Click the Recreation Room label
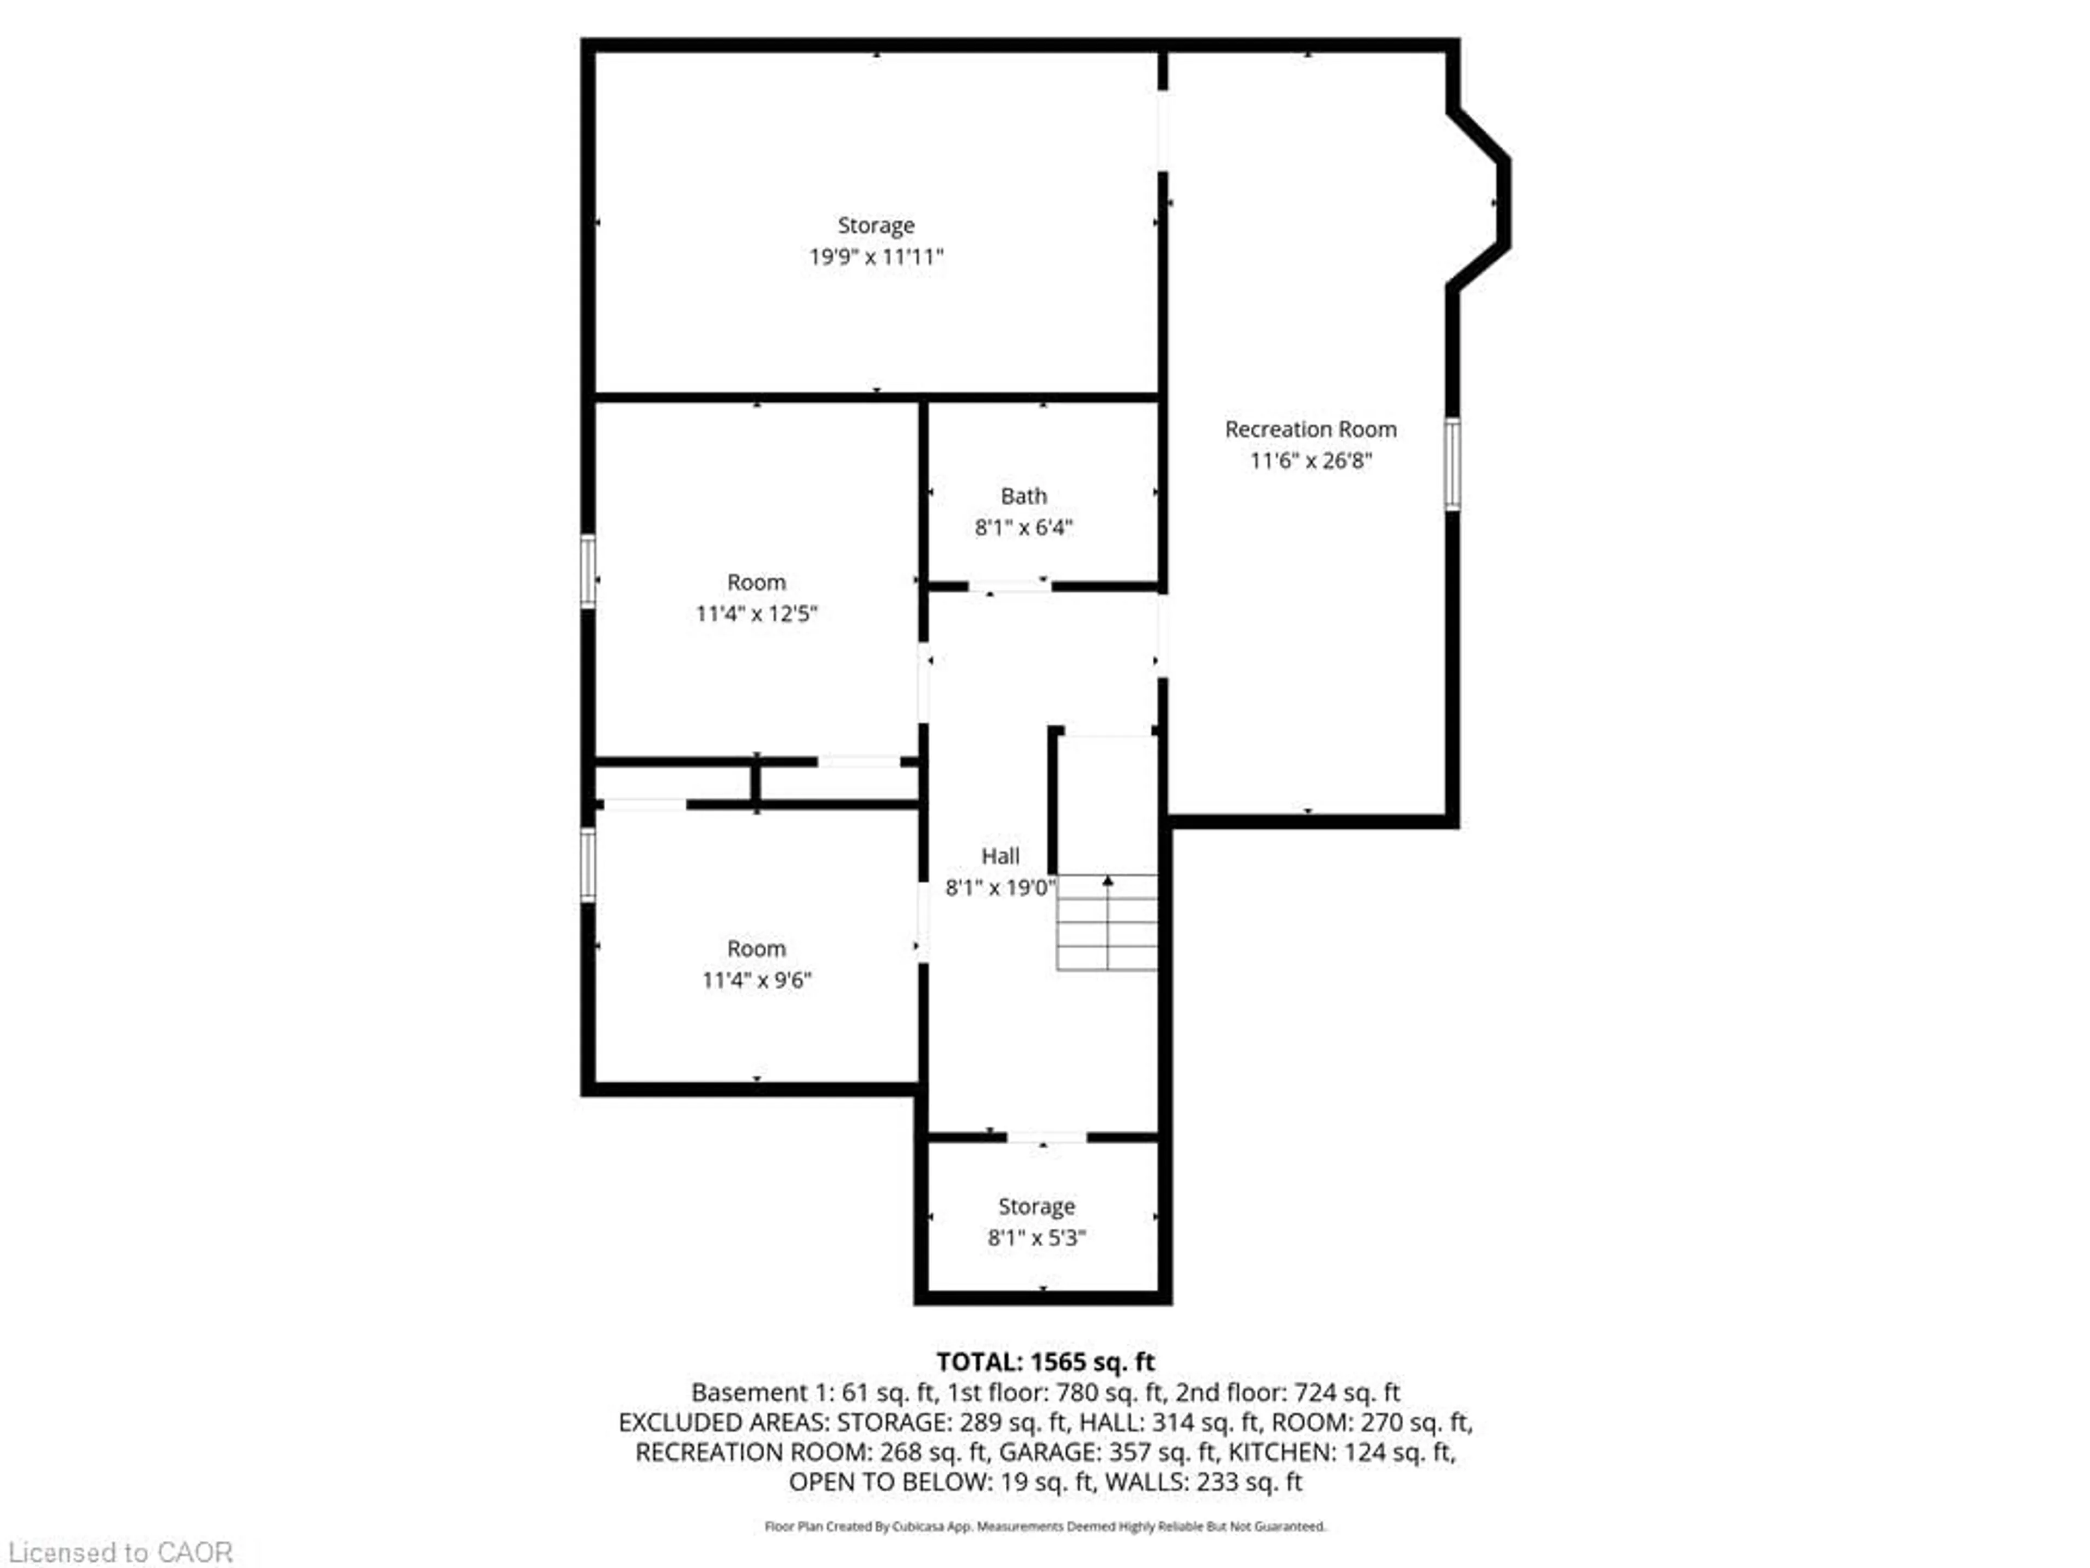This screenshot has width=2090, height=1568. point(1311,429)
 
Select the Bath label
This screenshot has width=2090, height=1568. point(1023,496)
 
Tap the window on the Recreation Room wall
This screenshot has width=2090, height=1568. point(1452,464)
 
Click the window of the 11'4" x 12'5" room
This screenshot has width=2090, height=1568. point(588,571)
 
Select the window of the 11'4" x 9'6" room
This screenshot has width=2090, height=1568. point(588,864)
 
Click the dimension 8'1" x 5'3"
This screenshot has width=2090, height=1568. point(1036,1238)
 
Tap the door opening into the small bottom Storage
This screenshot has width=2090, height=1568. point(1046,1137)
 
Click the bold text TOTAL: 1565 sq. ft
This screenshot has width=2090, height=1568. point(1045,1362)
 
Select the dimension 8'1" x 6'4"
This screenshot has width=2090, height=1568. point(1023,528)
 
